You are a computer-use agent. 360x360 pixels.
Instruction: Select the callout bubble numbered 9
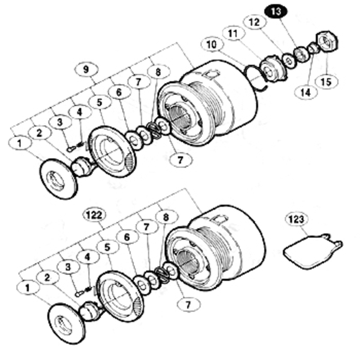(x=86, y=69)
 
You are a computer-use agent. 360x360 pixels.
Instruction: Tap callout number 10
(x=212, y=45)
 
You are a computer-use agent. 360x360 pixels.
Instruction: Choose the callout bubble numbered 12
(x=255, y=22)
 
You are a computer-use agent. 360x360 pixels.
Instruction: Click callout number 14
(x=306, y=93)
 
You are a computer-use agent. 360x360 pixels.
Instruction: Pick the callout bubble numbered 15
(x=327, y=82)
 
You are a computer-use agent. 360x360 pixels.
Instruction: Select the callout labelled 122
(x=94, y=215)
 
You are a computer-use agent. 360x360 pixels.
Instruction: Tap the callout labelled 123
(x=297, y=219)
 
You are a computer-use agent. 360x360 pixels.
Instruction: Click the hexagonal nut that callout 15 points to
(x=327, y=42)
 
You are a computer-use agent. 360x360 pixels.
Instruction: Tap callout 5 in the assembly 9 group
(x=99, y=103)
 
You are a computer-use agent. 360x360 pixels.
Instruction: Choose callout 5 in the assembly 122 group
(x=108, y=247)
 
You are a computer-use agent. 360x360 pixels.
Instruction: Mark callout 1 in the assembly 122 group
(x=28, y=288)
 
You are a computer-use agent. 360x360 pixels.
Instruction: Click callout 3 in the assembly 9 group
(x=60, y=122)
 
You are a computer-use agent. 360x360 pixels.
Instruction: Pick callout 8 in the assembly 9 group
(x=158, y=72)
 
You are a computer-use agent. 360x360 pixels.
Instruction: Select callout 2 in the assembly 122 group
(x=47, y=278)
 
